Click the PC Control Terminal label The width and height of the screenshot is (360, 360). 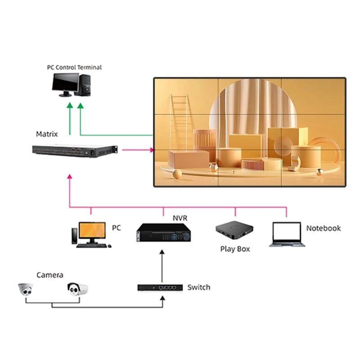(74, 67)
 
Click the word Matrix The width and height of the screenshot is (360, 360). (47, 134)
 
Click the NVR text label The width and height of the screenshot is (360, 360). (180, 218)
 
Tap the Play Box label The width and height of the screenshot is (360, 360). (235, 249)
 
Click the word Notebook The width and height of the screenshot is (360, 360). (323, 228)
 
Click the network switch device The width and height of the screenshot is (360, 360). (160, 287)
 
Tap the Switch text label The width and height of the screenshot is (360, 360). (198, 287)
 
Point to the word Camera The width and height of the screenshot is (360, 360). (49, 275)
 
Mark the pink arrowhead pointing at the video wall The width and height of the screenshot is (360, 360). (151, 149)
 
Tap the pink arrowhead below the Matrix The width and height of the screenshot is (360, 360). (69, 177)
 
